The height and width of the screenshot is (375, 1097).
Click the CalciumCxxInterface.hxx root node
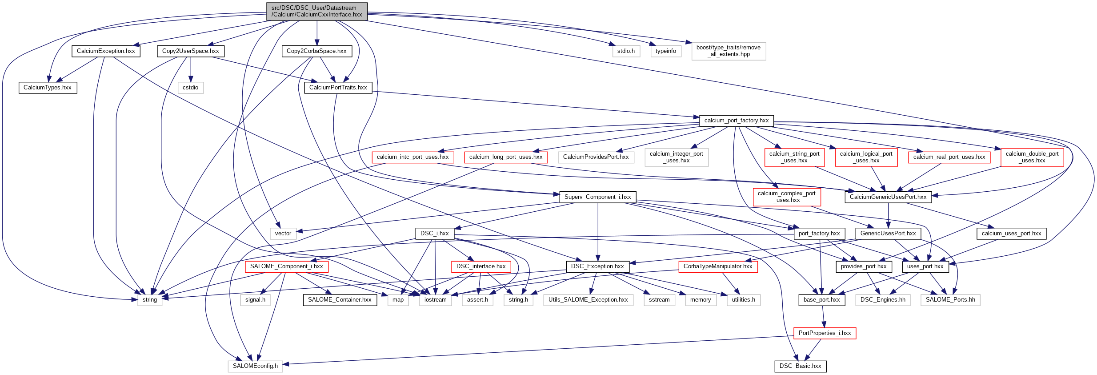[317, 11]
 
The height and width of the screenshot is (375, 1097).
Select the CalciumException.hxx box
[106, 51]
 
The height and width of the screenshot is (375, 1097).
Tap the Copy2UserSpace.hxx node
[190, 51]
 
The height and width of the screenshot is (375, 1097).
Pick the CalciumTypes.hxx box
[48, 88]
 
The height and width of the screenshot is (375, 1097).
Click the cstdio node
[190, 88]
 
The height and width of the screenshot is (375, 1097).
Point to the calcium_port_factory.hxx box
[736, 121]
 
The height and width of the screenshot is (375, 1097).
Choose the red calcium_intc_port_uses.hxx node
[412, 157]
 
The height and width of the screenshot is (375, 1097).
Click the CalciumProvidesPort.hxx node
[596, 157]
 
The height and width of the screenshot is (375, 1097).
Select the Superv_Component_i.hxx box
[597, 197]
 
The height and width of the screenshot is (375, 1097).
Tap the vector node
[283, 234]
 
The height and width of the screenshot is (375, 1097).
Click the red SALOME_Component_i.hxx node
[286, 266]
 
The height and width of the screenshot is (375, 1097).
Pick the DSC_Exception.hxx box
[597, 266]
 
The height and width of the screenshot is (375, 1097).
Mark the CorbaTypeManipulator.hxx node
[718, 266]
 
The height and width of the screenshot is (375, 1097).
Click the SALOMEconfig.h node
[255, 366]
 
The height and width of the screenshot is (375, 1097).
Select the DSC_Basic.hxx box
[800, 366]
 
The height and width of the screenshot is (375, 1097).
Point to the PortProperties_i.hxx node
[825, 333]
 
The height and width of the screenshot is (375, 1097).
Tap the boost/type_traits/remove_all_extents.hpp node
[729, 51]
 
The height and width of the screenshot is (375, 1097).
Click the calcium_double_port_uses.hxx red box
[1032, 157]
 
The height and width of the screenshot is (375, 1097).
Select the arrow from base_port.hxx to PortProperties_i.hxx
[823, 317]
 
